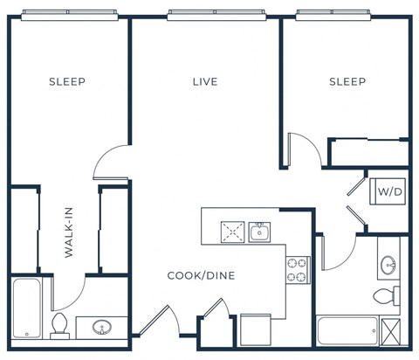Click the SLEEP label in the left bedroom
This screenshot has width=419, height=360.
tap(66, 82)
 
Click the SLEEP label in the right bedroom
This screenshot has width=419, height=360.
tap(347, 82)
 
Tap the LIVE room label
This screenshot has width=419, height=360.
tap(205, 82)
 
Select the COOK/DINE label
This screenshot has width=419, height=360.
tap(202, 275)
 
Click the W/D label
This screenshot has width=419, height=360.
tap(386, 190)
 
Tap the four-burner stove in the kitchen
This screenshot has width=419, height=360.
tap(298, 269)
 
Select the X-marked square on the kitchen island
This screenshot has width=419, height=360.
tap(232, 232)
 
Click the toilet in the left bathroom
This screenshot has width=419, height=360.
tap(60, 326)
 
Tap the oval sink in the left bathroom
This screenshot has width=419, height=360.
tap(102, 329)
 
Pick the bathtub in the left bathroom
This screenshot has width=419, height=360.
tap(26, 308)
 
